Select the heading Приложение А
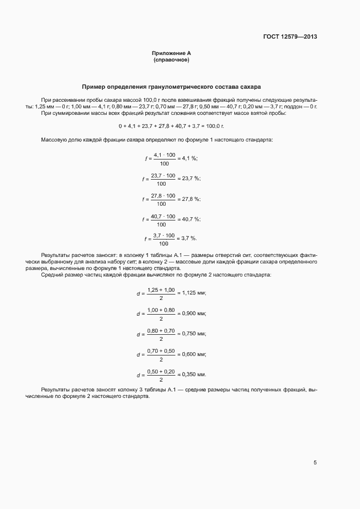click(171, 53)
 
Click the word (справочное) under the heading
click(171, 59)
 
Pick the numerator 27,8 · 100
click(163, 195)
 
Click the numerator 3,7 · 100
click(164, 235)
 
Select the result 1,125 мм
click(193, 293)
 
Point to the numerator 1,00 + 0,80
click(161, 310)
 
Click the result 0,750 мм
click(193, 334)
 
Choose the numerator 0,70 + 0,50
click(161, 351)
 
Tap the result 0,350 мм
click(193, 375)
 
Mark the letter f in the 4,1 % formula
click(145, 158)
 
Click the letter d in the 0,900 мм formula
click(138, 314)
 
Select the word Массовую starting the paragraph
click(53, 140)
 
